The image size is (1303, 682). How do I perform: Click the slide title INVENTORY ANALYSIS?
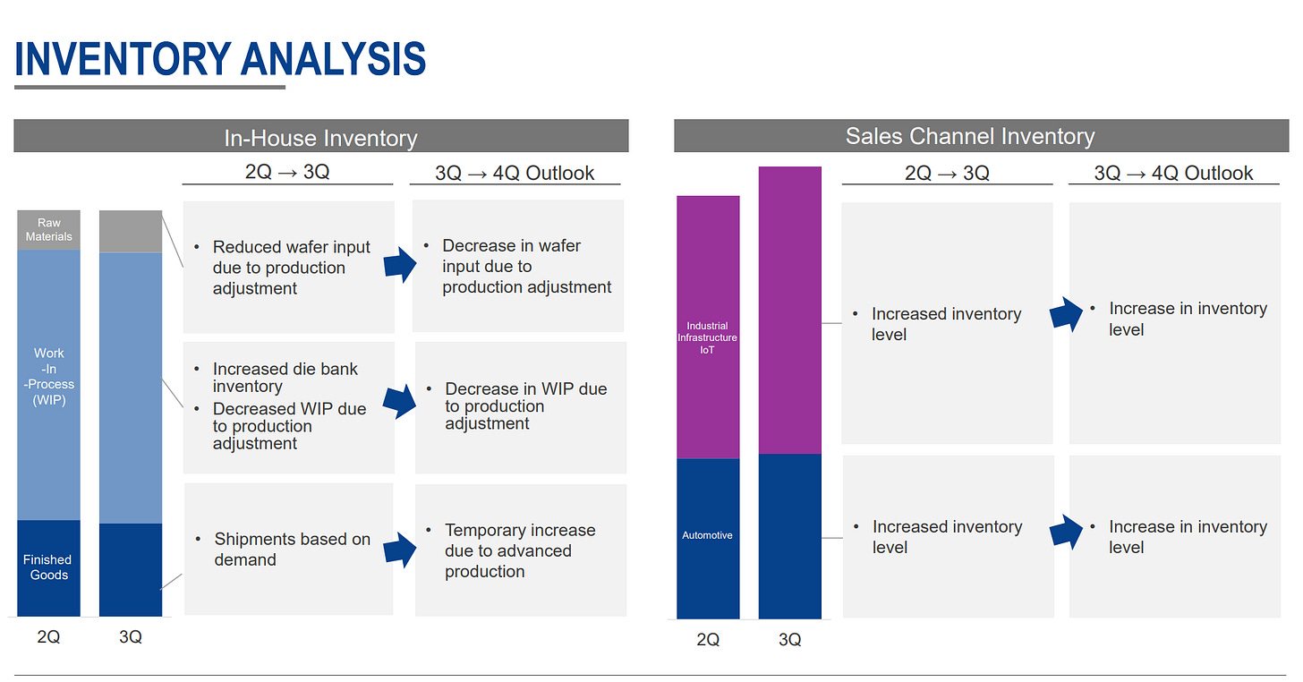[x=220, y=59]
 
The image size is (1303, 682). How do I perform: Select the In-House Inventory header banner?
[x=321, y=135]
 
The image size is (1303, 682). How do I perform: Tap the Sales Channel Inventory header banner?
[x=982, y=135]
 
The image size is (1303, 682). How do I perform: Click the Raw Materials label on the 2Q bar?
[x=49, y=230]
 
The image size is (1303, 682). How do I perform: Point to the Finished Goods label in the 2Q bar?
[x=47, y=567]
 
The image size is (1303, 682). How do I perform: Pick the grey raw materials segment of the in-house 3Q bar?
[x=131, y=231]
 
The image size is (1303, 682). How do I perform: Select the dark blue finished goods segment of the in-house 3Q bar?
[x=131, y=570]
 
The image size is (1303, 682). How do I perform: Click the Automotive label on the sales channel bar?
[x=707, y=535]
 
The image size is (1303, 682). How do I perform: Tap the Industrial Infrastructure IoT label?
[x=707, y=337]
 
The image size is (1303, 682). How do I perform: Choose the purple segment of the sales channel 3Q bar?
[x=790, y=311]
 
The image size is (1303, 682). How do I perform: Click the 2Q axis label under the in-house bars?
[x=48, y=636]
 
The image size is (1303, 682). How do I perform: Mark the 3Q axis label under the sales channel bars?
[x=790, y=640]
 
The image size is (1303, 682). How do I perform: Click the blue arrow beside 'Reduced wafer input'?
[x=400, y=265]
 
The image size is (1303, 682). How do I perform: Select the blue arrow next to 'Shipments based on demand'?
[x=400, y=550]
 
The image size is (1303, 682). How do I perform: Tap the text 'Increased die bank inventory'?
[x=285, y=377]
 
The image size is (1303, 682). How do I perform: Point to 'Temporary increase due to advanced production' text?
[x=520, y=550]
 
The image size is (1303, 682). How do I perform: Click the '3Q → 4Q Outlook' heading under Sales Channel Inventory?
[x=1173, y=173]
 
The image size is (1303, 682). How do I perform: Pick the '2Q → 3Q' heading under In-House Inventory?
[x=287, y=172]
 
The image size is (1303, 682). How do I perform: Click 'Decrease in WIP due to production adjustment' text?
[x=526, y=405]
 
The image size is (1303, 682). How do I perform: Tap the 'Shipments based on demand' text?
[x=292, y=549]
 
